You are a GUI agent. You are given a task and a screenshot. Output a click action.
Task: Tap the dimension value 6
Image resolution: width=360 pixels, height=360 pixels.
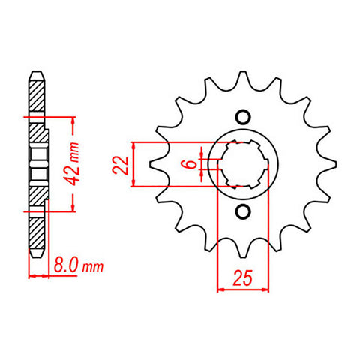pos(190,164)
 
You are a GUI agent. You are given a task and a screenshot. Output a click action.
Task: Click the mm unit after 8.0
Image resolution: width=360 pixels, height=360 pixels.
pos(92,266)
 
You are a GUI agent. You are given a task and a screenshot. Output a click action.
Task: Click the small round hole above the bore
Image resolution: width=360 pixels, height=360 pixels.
pos(241,117)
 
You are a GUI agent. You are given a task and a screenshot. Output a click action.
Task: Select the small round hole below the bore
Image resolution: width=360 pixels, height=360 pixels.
pos(241,212)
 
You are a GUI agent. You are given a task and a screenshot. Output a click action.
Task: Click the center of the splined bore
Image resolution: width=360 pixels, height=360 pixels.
pos(241,164)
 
